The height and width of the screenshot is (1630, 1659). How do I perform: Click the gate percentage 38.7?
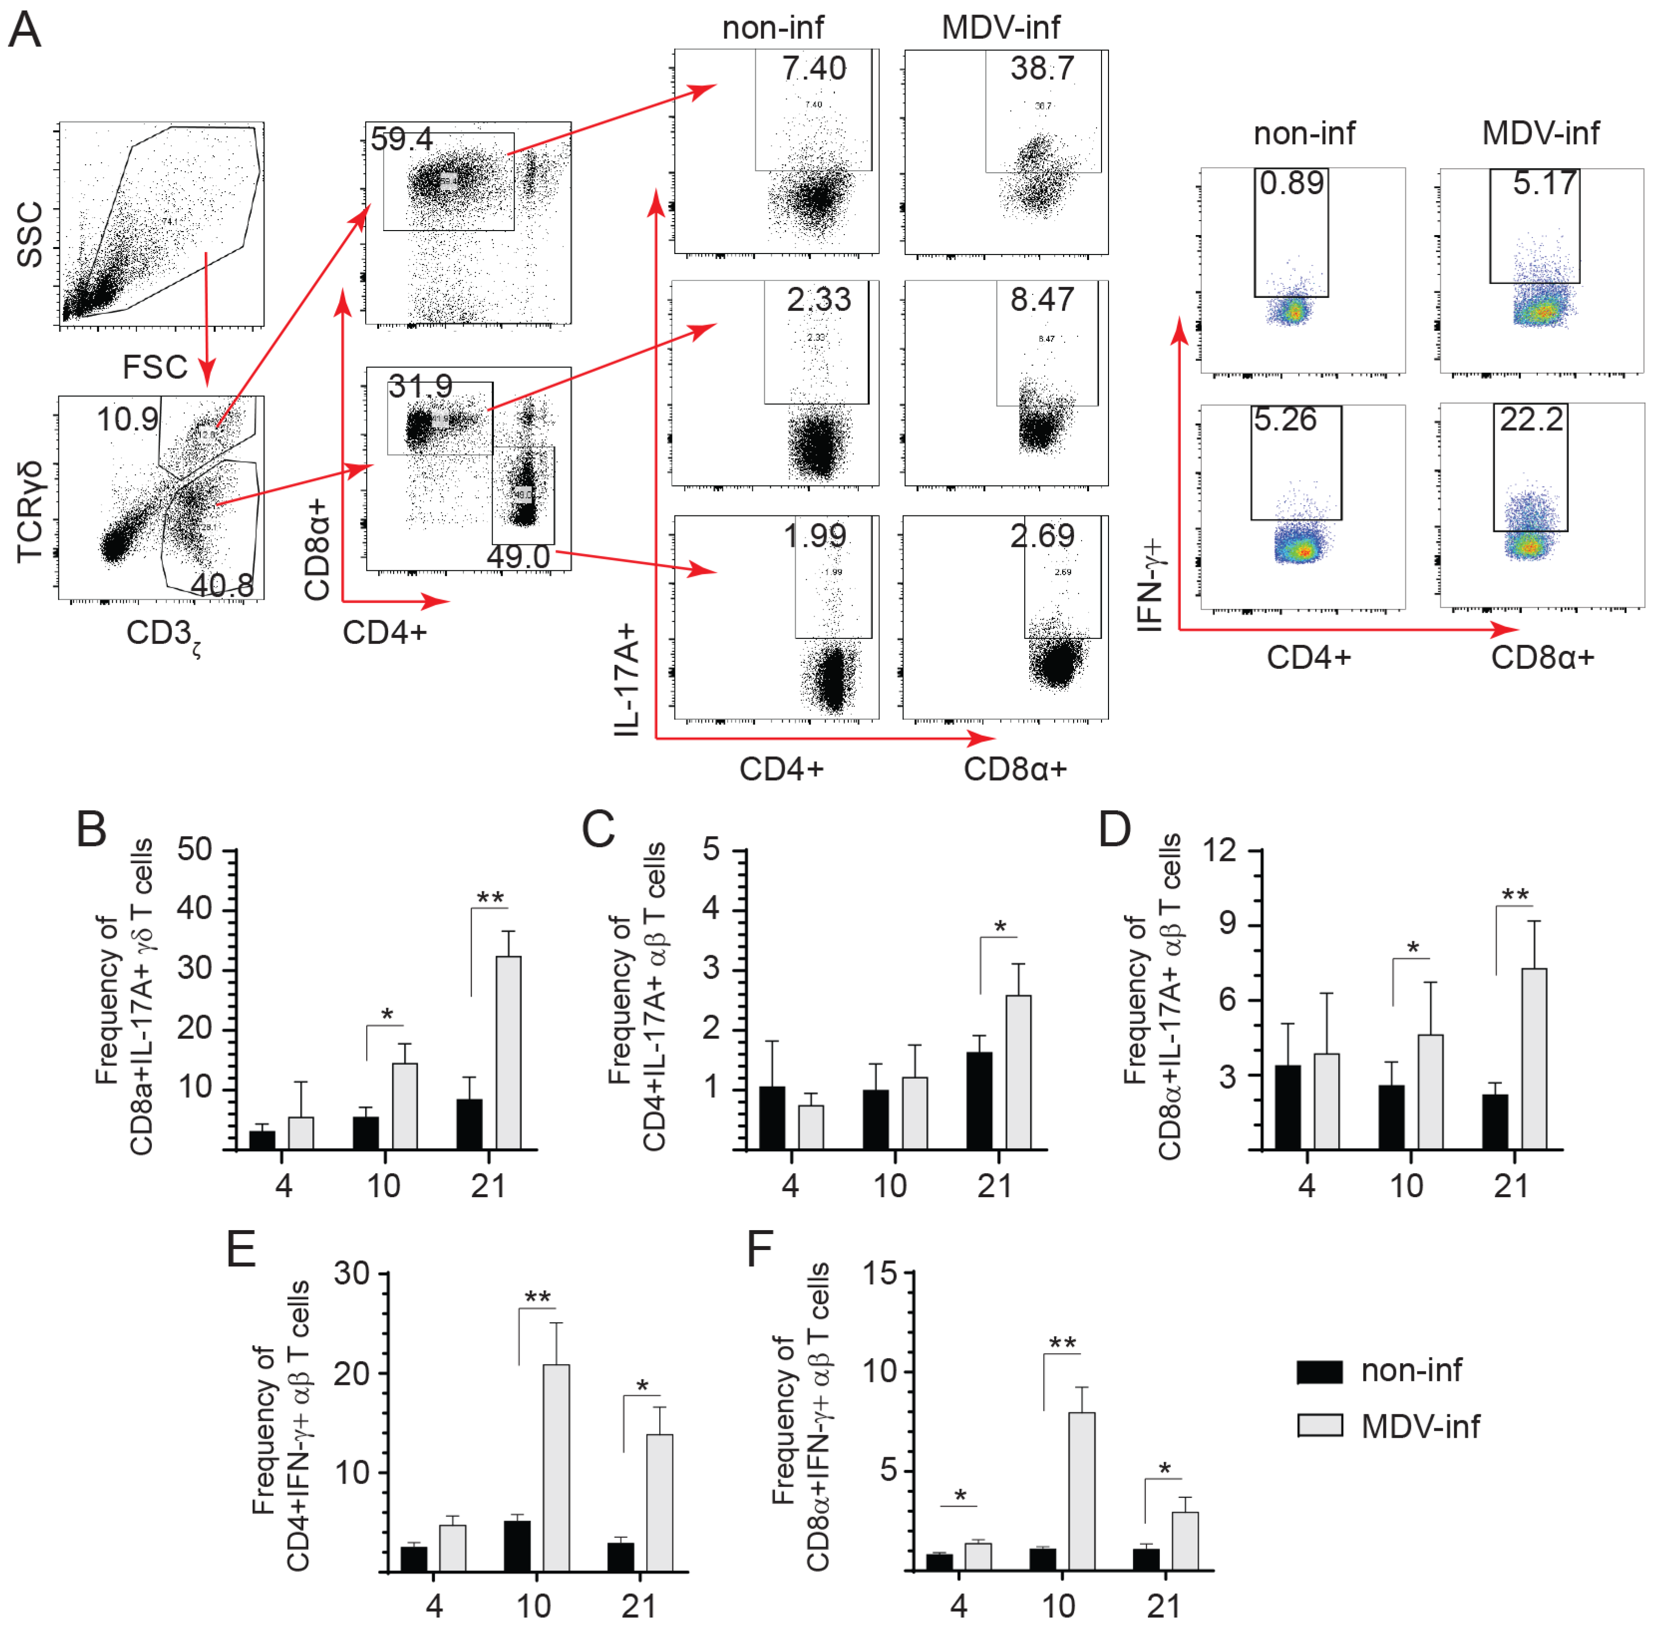click(x=1041, y=69)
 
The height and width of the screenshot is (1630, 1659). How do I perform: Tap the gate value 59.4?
click(x=402, y=138)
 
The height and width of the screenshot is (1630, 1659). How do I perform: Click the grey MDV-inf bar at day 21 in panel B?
click(x=508, y=1052)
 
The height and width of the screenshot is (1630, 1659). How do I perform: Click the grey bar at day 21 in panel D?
click(x=1534, y=1058)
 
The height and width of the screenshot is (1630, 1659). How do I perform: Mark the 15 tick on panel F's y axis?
click(x=880, y=1273)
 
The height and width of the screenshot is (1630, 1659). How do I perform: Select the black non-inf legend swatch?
click(x=1319, y=1372)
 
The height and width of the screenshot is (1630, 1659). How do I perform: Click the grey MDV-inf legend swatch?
click(x=1319, y=1425)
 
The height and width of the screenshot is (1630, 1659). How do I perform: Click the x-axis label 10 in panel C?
click(x=890, y=1186)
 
